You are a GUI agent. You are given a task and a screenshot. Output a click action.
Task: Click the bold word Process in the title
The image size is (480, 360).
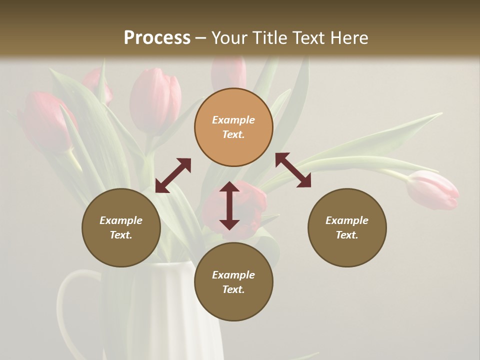pos(157,38)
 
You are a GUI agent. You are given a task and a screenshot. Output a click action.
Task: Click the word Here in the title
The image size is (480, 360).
pos(350,38)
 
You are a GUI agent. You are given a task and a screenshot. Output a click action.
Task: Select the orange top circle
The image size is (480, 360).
pos(233,127)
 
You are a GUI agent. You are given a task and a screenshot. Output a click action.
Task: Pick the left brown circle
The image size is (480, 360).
pos(121,227)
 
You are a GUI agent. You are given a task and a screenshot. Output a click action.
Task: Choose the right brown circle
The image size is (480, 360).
pos(347,227)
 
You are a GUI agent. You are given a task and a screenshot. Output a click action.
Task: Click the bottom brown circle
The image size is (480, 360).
pos(233,282)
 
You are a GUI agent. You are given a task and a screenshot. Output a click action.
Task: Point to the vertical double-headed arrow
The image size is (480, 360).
pos(229,205)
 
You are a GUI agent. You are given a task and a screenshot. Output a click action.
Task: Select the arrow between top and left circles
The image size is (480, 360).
pos(173,175)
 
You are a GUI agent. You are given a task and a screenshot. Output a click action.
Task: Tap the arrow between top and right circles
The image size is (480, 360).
pos(293,170)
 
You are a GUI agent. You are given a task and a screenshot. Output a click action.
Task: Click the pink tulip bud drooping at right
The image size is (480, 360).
pos(433,189)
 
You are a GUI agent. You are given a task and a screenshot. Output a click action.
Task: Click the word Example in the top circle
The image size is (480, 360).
pos(233,120)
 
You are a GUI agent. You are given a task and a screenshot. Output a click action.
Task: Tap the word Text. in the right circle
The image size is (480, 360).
pos(347,235)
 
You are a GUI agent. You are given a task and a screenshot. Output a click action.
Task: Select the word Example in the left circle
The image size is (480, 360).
pos(121,220)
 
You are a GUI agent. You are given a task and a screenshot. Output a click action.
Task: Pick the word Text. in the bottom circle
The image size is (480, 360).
pos(233,289)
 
